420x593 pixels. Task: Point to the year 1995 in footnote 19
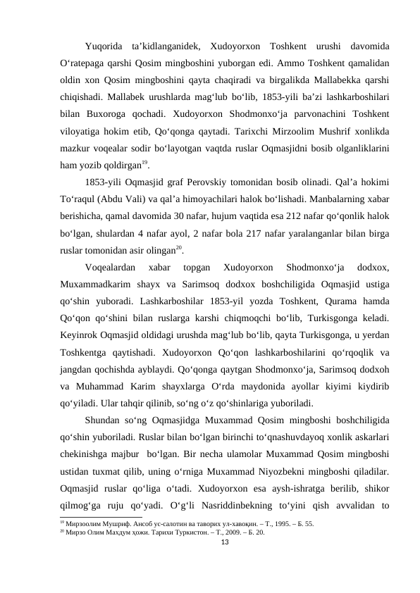[264, 525]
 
